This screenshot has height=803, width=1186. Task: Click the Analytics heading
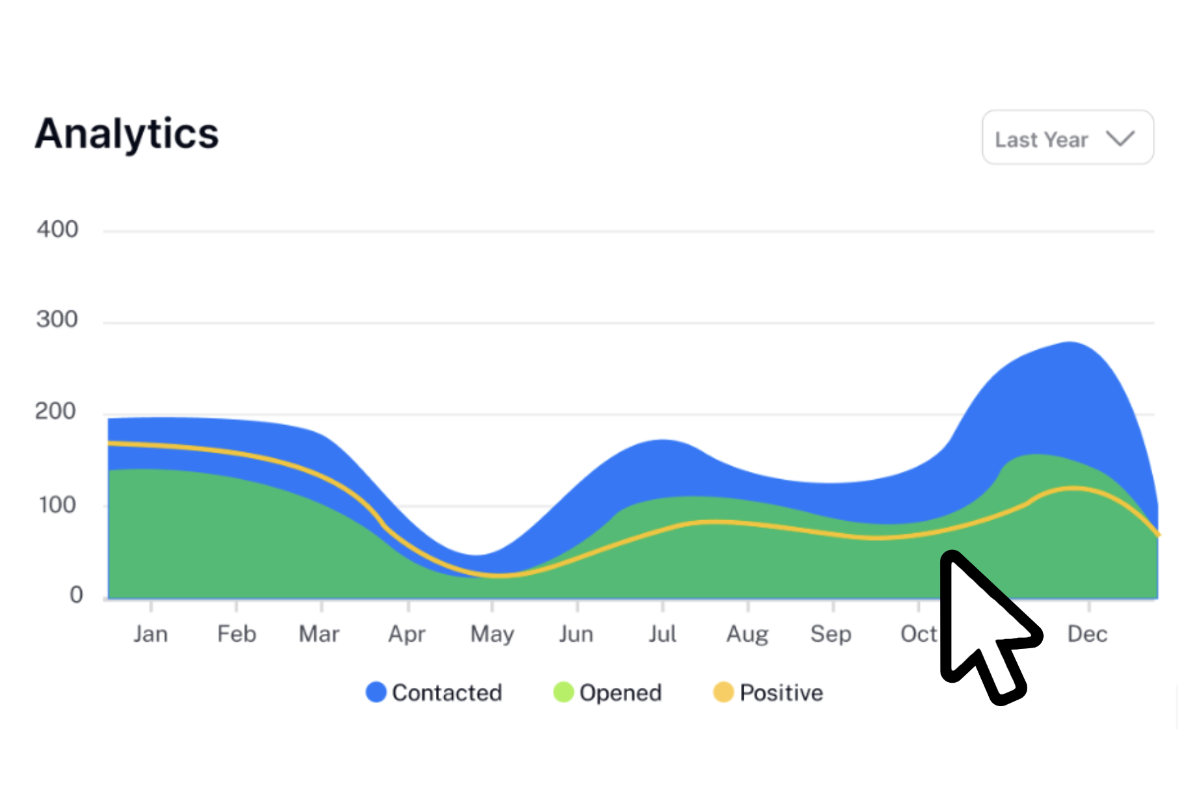coord(127,134)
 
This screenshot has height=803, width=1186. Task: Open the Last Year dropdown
coord(1067,138)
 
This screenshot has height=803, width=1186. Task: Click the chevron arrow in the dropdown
coord(1120,138)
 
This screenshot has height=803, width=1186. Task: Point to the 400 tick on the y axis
coord(57,230)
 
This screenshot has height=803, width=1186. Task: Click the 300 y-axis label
coord(57,319)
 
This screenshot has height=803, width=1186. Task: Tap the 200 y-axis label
coord(56,412)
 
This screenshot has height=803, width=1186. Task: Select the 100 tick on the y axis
coord(57,505)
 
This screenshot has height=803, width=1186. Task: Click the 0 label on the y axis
coord(76,595)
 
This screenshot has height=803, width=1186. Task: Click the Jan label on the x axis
coord(150,634)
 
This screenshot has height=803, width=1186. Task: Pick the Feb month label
coord(236,634)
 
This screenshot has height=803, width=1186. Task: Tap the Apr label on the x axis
coord(407,634)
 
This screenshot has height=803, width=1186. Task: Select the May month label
coord(492,634)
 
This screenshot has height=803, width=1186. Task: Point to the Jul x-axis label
coord(662,634)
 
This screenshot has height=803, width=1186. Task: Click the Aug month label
coord(747,634)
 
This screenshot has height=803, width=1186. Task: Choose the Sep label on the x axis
coord(831,634)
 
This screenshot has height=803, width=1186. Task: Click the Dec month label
coord(1087,634)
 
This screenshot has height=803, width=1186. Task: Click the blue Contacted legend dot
coord(376,692)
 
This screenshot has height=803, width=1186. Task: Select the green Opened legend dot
coord(563,692)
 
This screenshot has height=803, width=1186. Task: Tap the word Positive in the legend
coord(781,693)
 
